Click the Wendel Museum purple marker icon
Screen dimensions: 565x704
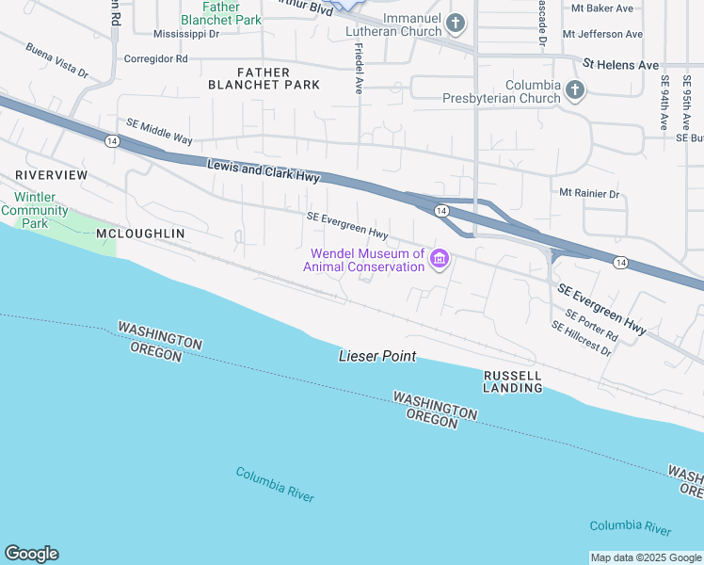pyautogui.click(x=439, y=259)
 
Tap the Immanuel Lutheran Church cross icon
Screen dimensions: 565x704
pyautogui.click(x=456, y=23)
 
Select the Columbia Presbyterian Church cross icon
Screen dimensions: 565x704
pyautogui.click(x=574, y=90)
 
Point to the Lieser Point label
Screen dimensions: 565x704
pyautogui.click(x=377, y=357)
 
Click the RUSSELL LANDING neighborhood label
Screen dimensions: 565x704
pyautogui.click(x=513, y=381)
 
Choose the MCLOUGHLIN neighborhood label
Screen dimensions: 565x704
pyautogui.click(x=140, y=233)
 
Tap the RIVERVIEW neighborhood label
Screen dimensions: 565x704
pyautogui.click(x=51, y=176)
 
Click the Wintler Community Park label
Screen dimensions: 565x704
pyautogui.click(x=34, y=210)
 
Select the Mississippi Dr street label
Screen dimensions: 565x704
pyautogui.click(x=185, y=34)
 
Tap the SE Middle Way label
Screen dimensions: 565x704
pyautogui.click(x=159, y=132)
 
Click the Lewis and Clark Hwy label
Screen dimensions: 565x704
pyautogui.click(x=264, y=170)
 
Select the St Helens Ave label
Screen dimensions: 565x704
pyautogui.click(x=620, y=65)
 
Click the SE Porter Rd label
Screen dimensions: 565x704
pyautogui.click(x=591, y=324)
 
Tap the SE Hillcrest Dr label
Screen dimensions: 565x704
pyautogui.click(x=581, y=339)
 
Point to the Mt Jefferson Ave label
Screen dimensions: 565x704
pyautogui.click(x=602, y=34)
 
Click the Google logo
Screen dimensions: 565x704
pyautogui.click(x=31, y=554)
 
